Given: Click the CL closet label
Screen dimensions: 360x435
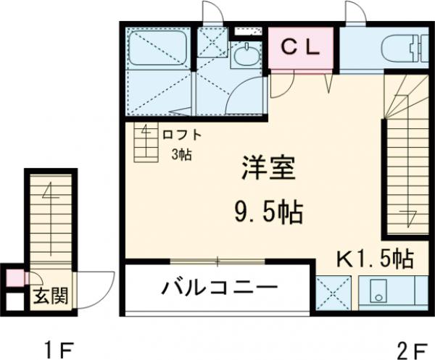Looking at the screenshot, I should pos(299,48).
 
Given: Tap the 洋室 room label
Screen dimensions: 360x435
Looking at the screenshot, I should pos(268,172).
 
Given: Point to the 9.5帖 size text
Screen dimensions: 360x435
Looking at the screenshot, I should pos(268,212).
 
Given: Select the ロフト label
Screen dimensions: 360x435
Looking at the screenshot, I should pos(181,134).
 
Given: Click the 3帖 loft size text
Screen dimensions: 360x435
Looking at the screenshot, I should pos(181,154).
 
